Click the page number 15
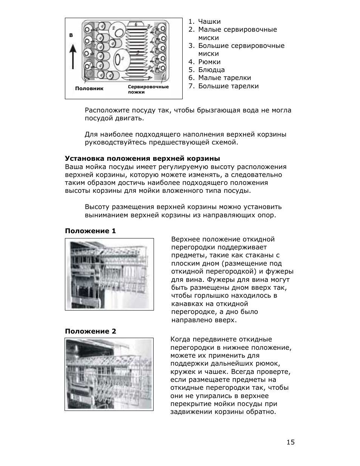click(290, 442)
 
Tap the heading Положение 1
click(90, 231)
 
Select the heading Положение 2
click(90, 331)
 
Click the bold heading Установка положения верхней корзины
click(142, 158)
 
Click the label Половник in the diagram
click(89, 88)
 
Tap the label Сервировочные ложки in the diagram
click(148, 89)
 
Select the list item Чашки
click(209, 22)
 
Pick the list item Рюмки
click(209, 62)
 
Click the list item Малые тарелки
click(224, 78)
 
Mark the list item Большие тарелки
click(228, 86)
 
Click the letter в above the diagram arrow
click(71, 35)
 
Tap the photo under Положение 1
click(109, 274)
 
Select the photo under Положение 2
click(109, 374)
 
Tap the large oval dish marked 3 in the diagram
click(121, 58)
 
